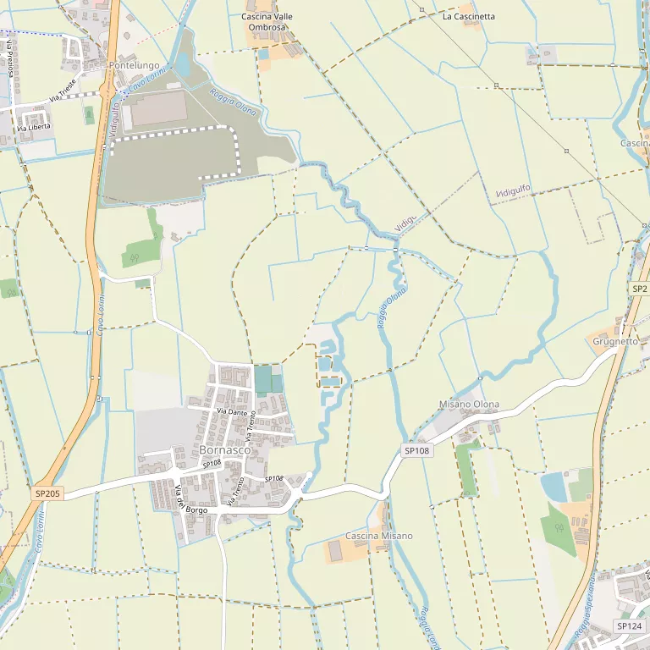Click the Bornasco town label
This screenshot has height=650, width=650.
[225, 450]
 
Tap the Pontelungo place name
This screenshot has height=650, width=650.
[134, 64]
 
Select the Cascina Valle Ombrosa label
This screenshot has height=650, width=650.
[267, 22]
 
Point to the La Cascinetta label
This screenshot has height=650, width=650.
[469, 16]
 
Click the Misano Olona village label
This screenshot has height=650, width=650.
[469, 405]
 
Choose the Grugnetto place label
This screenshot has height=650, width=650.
[615, 342]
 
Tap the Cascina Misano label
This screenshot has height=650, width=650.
[379, 536]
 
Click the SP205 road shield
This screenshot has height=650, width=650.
[48, 493]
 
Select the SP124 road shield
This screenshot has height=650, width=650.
[629, 626]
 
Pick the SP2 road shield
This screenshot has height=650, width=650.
[639, 289]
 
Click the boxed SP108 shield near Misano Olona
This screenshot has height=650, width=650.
[417, 451]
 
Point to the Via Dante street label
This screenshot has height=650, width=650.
[230, 411]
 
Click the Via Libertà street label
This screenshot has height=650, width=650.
[34, 127]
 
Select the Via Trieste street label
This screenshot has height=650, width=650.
[63, 91]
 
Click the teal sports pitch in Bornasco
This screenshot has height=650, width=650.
[263, 379]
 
